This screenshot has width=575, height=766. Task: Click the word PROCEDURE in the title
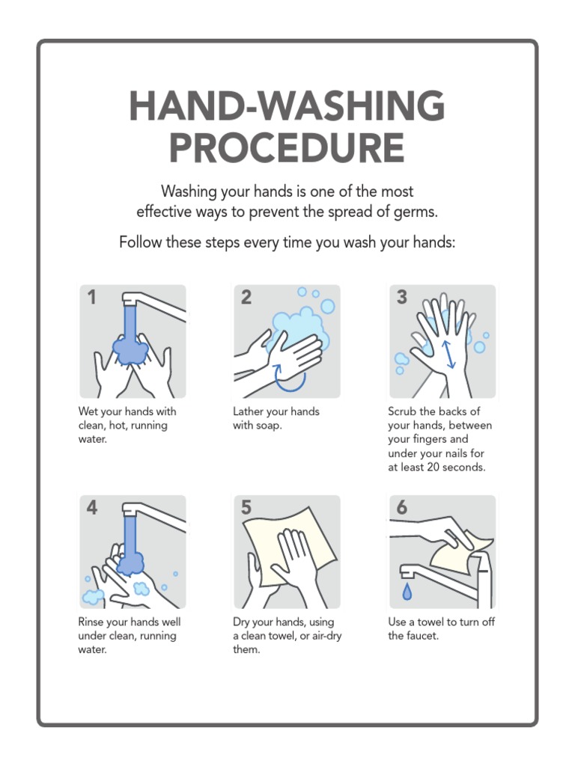tap(287, 147)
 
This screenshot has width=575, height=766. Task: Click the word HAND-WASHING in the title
tap(287, 106)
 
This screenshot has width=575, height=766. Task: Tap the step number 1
tap(91, 298)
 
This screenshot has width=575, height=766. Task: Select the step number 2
tap(246, 298)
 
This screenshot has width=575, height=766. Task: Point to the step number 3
tap(401, 298)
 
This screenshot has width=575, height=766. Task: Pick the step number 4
tap(91, 508)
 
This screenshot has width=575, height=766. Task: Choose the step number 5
tap(246, 508)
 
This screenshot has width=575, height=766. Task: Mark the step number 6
tap(401, 508)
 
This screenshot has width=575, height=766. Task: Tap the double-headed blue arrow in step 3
tap(448, 353)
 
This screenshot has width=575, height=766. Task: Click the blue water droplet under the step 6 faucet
tap(407, 592)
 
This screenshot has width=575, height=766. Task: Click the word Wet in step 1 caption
tap(89, 411)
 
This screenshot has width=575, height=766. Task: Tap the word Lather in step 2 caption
tap(249, 411)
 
